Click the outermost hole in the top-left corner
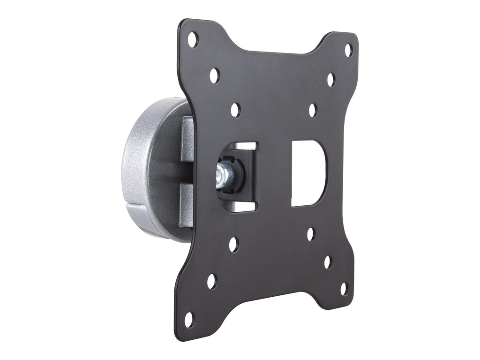(193, 40)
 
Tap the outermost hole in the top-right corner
(348, 50)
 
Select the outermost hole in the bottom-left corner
(189, 319)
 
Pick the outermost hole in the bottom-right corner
(344, 288)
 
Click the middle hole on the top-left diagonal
(214, 75)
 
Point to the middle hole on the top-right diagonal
(331, 80)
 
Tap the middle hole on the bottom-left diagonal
(212, 281)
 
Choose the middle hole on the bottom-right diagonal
(328, 262)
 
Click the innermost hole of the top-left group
(235, 110)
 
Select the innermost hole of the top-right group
(313, 110)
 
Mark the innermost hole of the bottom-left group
(233, 244)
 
